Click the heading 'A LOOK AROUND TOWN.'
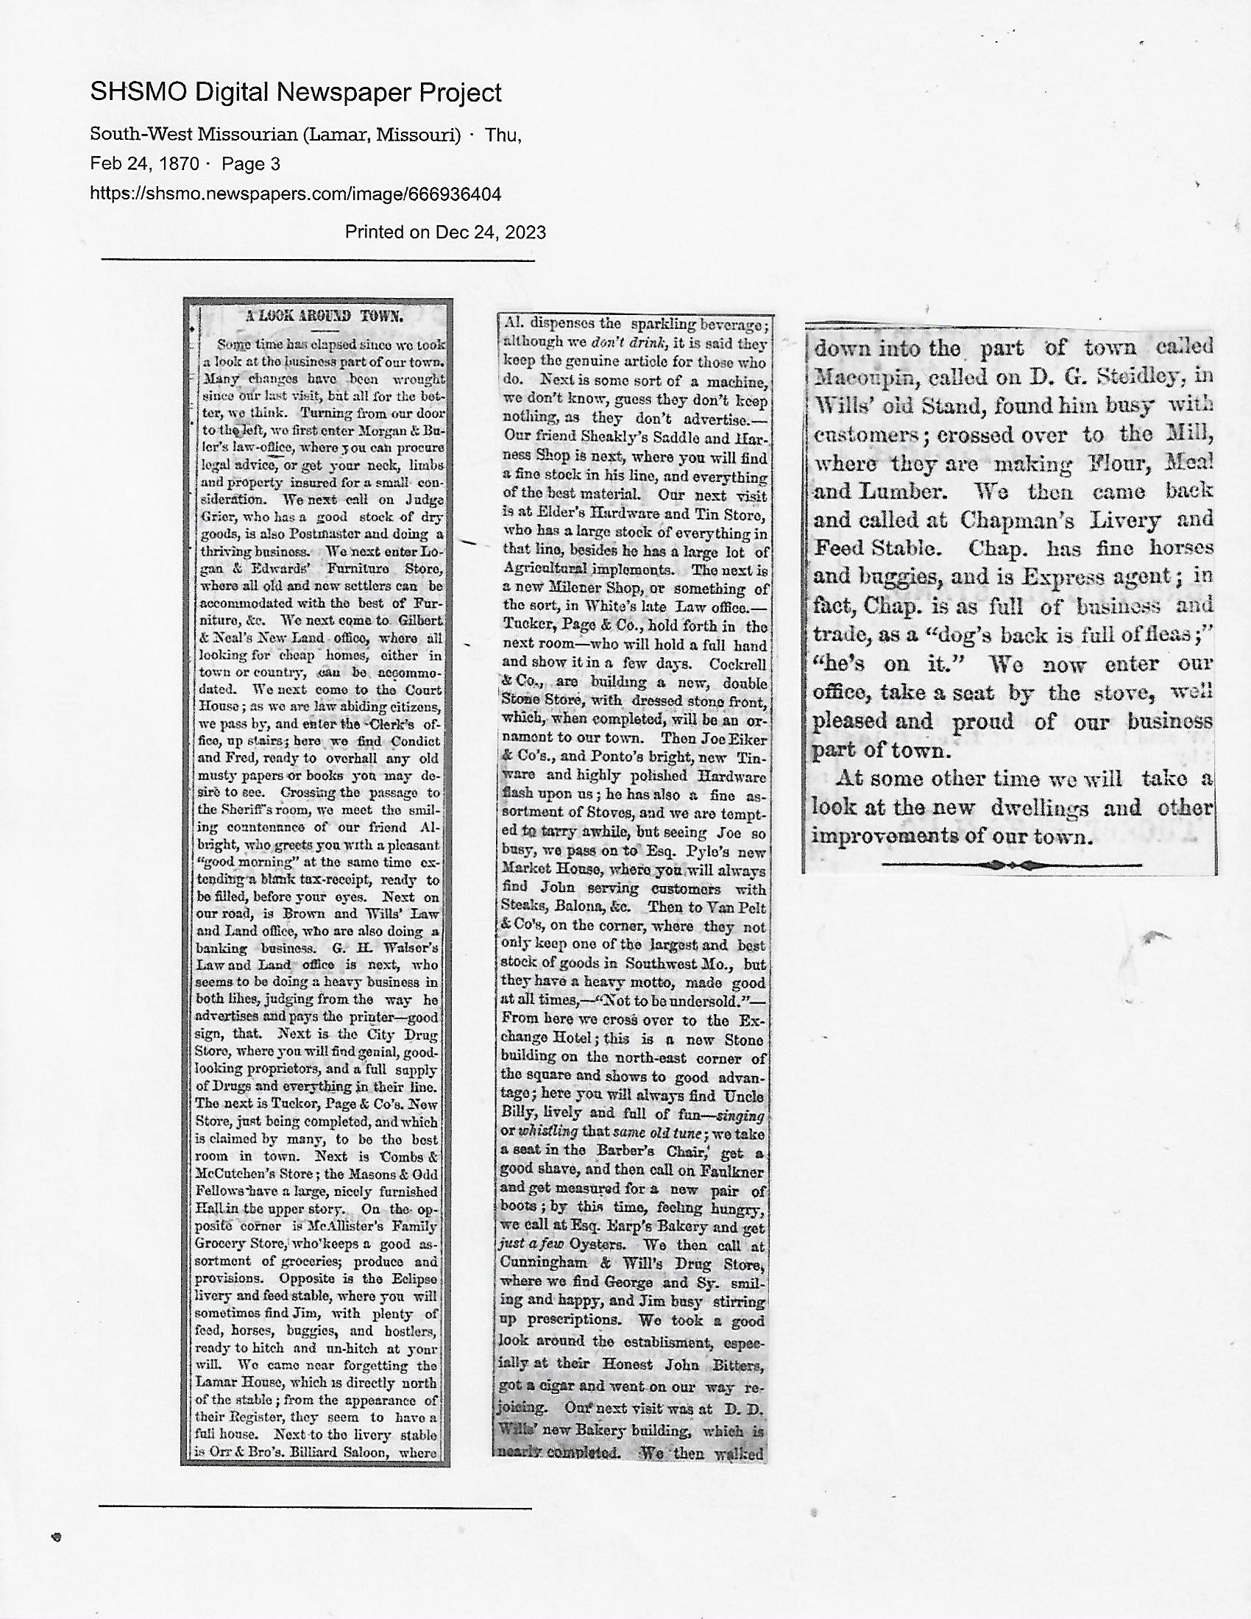tap(324, 316)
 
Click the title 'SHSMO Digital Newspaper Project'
tap(296, 93)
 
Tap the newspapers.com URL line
tap(296, 194)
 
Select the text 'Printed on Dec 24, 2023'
tap(445, 233)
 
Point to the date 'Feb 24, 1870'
tap(144, 164)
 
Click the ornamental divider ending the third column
tap(1011, 865)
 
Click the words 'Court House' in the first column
tap(415, 690)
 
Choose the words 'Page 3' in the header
tap(250, 164)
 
